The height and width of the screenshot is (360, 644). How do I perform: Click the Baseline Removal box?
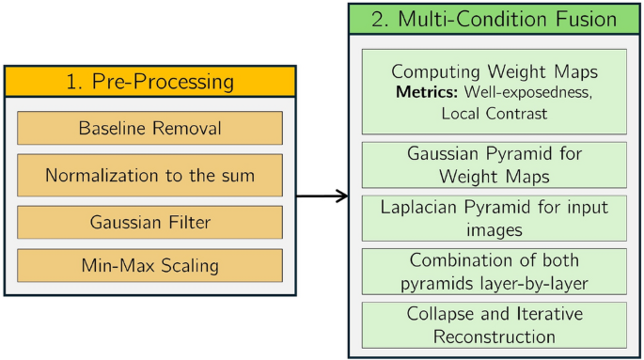pyautogui.click(x=149, y=128)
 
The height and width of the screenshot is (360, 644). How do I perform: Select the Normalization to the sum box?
pyautogui.click(x=149, y=175)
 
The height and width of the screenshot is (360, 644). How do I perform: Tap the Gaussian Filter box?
pyautogui.click(x=149, y=222)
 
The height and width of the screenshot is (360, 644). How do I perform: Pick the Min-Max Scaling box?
pyautogui.click(x=149, y=266)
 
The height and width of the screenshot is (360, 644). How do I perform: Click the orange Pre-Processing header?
pyautogui.click(x=149, y=81)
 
